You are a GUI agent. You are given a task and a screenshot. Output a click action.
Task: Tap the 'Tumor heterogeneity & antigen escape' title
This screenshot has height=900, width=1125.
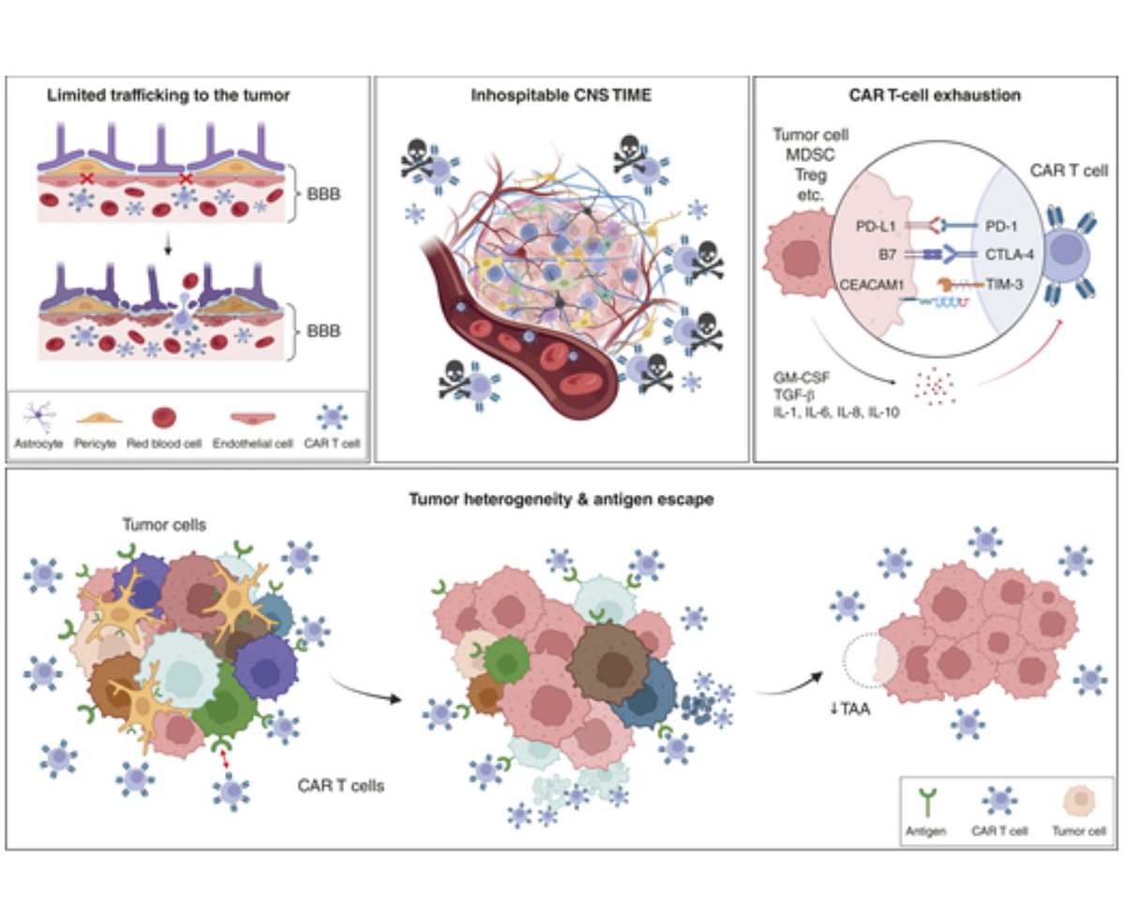pyautogui.click(x=562, y=499)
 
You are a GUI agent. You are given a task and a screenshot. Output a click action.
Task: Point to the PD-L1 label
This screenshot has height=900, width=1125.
pyautogui.click(x=871, y=225)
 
